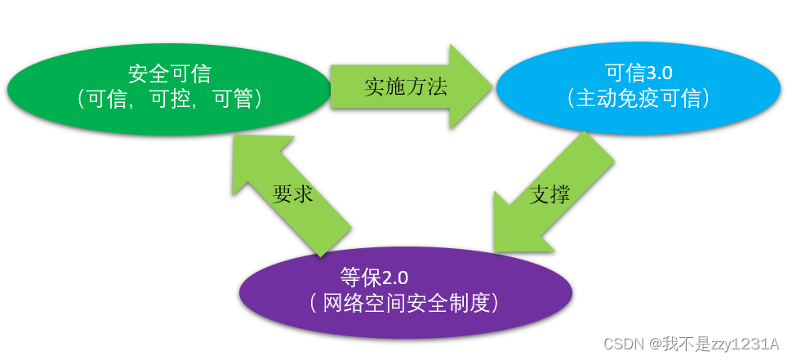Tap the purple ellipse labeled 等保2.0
tap(405, 291)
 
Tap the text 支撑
tap(550, 193)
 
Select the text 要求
tap(293, 194)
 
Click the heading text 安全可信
tap(170, 73)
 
